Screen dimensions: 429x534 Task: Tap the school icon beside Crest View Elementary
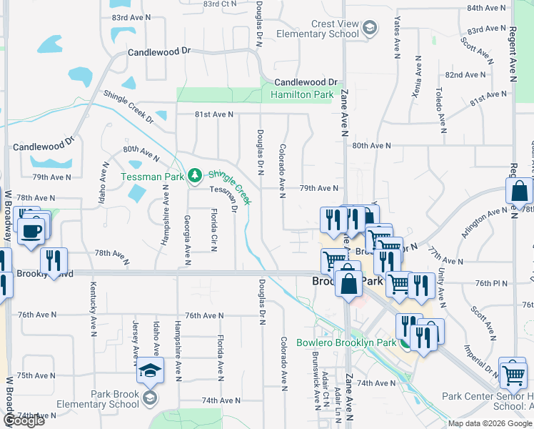[x=369, y=29]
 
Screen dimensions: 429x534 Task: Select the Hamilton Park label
[x=302, y=94]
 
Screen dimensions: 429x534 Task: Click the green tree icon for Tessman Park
[x=194, y=175]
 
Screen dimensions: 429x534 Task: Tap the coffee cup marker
[x=32, y=230]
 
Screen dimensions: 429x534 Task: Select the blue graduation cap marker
[x=151, y=370]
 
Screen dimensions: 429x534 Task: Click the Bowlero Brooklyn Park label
[x=346, y=342]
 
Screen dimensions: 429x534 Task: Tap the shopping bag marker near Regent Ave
[x=519, y=191]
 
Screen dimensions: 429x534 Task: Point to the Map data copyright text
[x=490, y=423]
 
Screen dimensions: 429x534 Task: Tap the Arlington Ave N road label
[x=483, y=221]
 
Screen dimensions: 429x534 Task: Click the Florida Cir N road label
[x=213, y=230]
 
